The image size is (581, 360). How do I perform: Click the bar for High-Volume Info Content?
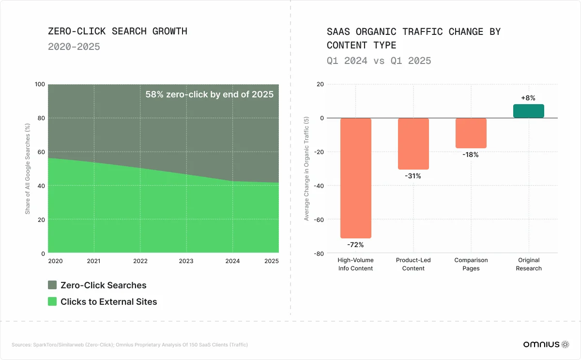(356, 178)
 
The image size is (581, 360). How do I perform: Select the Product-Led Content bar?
(413, 143)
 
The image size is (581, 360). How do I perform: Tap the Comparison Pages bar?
(471, 133)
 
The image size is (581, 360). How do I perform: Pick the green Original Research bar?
(529, 111)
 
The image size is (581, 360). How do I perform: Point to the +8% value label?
(528, 98)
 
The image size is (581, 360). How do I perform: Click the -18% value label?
(471, 155)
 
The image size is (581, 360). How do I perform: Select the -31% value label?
(413, 176)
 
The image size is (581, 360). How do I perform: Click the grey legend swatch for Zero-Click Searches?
(52, 285)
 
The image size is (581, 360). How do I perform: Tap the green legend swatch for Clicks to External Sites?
(52, 301)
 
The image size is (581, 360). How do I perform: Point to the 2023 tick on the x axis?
(186, 261)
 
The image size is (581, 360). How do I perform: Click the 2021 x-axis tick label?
(94, 261)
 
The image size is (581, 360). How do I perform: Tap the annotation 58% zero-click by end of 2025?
(210, 94)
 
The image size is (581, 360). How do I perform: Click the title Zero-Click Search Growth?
(118, 31)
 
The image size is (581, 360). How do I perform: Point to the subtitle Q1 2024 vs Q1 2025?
(379, 61)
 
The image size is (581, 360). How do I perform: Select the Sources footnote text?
(130, 345)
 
